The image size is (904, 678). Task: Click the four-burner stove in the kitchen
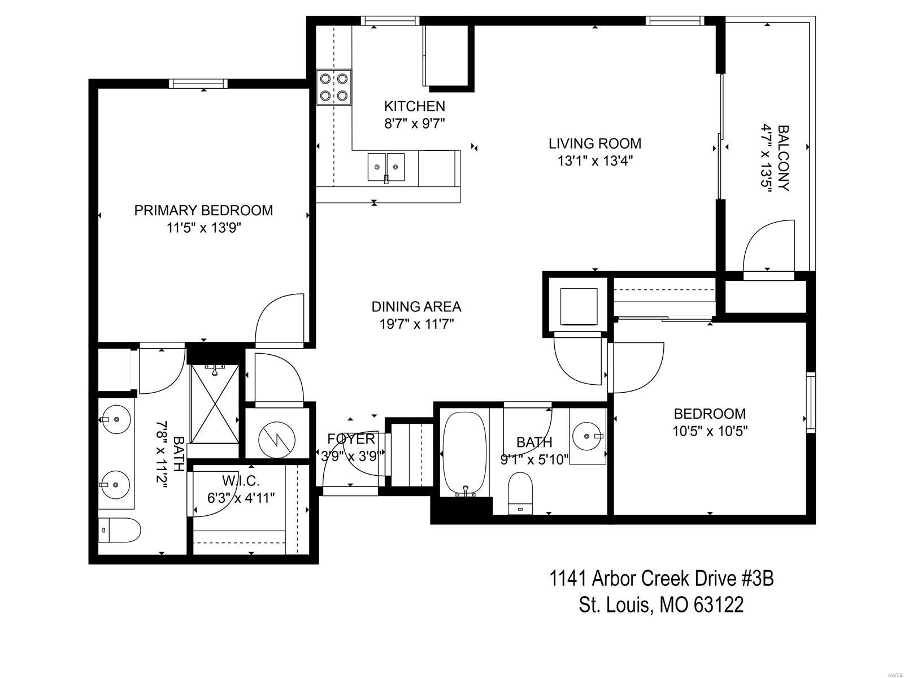point(333,87)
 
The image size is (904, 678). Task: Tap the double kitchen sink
point(386,167)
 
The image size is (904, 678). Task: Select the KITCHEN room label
point(414,106)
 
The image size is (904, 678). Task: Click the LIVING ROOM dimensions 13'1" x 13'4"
point(595,160)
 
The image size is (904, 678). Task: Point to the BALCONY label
point(783,158)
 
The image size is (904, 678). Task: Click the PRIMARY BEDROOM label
point(203,210)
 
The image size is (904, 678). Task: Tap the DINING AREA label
point(416,307)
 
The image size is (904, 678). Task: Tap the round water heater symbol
point(277,440)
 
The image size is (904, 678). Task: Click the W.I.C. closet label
point(241,480)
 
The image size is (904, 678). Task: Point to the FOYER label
point(351,439)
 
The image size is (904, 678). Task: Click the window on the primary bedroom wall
point(198,84)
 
